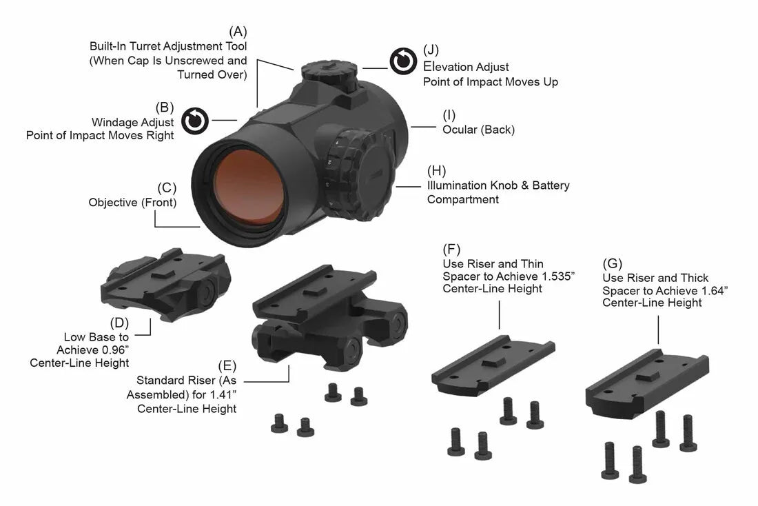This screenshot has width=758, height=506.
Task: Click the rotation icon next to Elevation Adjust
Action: pyautogui.click(x=403, y=61)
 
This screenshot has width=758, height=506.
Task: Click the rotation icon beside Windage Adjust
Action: pyautogui.click(x=195, y=121)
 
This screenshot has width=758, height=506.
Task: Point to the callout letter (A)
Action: pyautogui.click(x=238, y=32)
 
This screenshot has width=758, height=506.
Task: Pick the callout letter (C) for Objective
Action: pyautogui.click(x=167, y=188)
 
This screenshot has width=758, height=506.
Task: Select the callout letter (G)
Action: pyautogui.click(x=611, y=263)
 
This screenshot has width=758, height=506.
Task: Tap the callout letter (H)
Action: pyautogui.click(x=437, y=170)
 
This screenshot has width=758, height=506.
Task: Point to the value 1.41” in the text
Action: pyautogui.click(x=222, y=395)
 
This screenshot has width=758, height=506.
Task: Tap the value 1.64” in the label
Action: pyautogui.click(x=713, y=290)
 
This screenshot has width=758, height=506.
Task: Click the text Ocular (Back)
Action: pyautogui.click(x=478, y=130)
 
